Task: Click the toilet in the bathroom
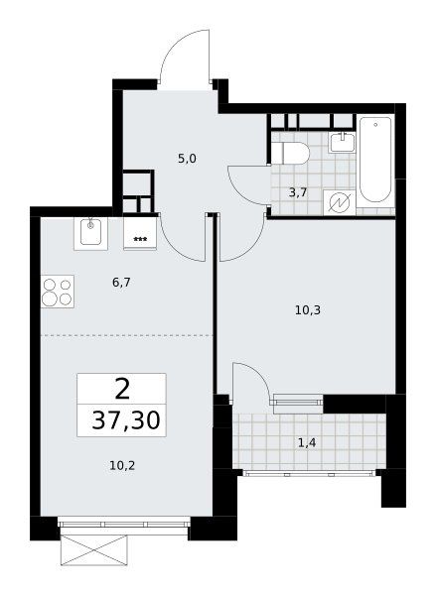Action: click(290, 153)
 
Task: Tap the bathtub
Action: click(375, 160)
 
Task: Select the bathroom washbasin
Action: click(343, 143)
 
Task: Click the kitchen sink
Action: click(90, 233)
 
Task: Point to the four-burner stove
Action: click(58, 292)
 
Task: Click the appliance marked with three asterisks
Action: click(140, 233)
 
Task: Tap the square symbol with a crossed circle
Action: click(340, 202)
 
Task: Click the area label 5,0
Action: click(187, 159)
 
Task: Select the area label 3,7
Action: click(298, 192)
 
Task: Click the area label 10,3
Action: click(308, 310)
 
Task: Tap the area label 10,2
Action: click(122, 465)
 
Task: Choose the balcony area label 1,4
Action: click(307, 442)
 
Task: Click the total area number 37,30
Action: click(126, 420)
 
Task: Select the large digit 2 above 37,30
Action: click(122, 389)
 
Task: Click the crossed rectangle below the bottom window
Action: click(93, 549)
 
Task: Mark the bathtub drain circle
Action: click(375, 125)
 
